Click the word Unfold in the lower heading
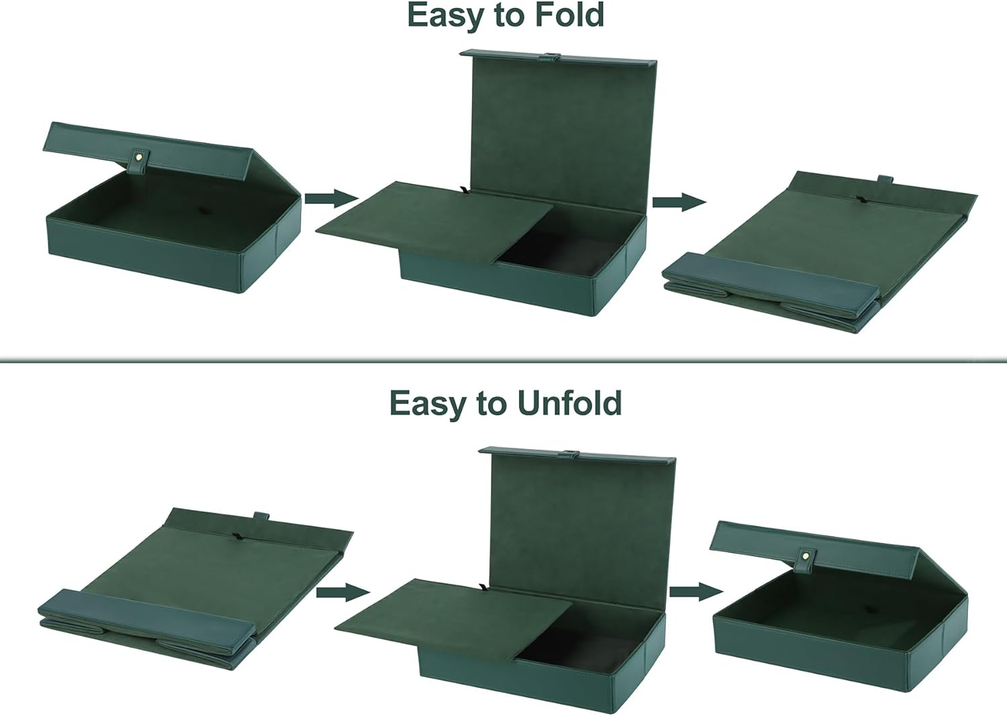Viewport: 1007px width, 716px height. click(569, 403)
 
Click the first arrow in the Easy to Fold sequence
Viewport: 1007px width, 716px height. click(332, 198)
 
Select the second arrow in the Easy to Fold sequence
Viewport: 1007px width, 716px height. click(679, 202)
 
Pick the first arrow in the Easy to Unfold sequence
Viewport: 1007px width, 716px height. click(343, 592)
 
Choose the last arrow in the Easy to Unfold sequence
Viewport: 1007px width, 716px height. click(696, 591)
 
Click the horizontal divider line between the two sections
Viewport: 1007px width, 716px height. click(503, 360)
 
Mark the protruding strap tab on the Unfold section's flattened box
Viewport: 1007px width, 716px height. click(262, 517)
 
